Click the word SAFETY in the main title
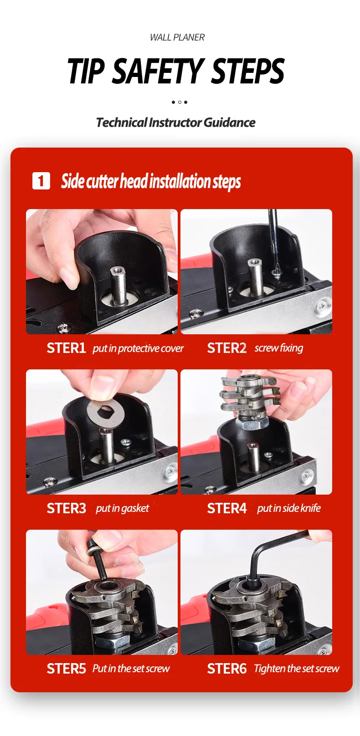click(x=158, y=71)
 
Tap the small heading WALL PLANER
click(x=177, y=37)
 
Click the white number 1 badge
click(x=41, y=181)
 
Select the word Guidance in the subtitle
click(x=229, y=123)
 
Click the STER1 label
click(x=66, y=348)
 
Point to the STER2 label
click(x=226, y=348)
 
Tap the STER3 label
click(x=66, y=508)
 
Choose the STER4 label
click(x=226, y=508)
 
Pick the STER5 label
click(x=66, y=669)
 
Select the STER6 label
click(x=226, y=669)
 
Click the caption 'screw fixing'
click(x=279, y=348)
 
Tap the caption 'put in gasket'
click(x=122, y=509)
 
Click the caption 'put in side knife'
click(x=288, y=508)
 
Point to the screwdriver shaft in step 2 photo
click(x=273, y=240)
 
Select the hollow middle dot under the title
click(x=180, y=102)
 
